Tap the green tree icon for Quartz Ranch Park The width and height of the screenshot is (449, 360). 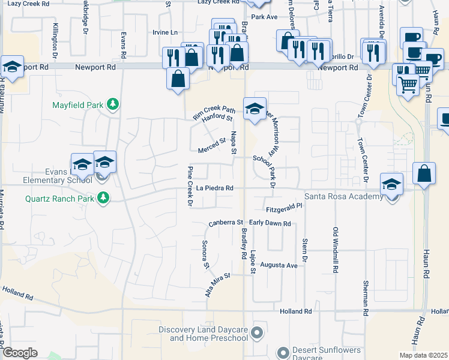[103, 197]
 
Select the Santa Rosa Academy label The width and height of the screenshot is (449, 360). [343, 197]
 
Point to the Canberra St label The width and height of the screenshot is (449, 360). [225, 223]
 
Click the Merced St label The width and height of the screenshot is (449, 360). [211, 143]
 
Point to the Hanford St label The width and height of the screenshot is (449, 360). [217, 119]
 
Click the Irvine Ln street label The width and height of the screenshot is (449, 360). [166, 32]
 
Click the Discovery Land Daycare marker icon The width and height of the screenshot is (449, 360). [258, 332]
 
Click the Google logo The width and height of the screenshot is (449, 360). [20, 352]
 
